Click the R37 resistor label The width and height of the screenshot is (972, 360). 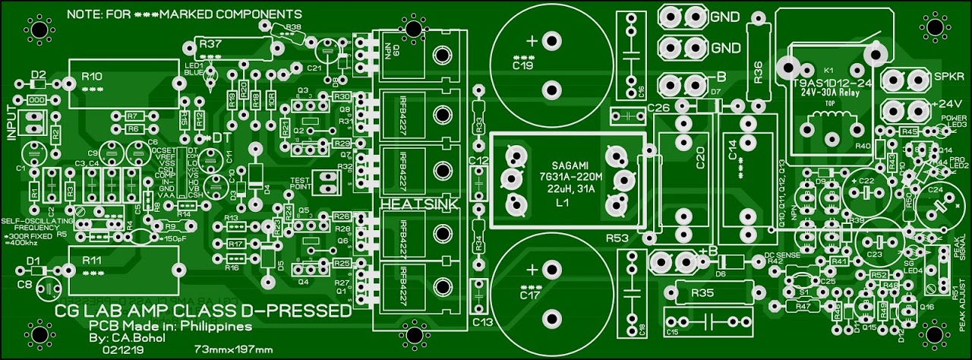pos(210,45)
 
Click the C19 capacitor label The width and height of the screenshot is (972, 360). pos(522,67)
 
